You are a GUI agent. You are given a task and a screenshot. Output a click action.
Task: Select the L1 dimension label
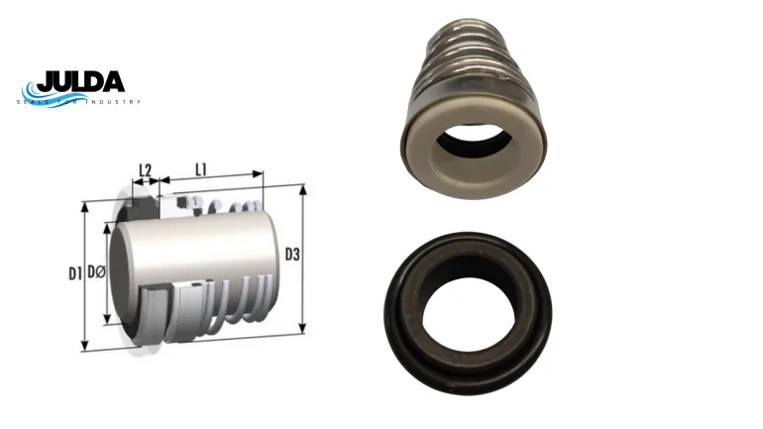click(x=201, y=169)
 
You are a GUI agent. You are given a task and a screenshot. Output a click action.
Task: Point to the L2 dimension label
click(x=146, y=170)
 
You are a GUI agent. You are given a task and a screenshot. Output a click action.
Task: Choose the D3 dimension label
click(x=292, y=255)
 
